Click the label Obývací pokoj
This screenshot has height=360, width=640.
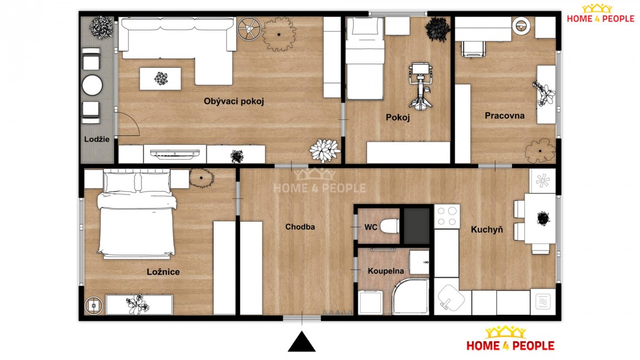(x=234, y=101)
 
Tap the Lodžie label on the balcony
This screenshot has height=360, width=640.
(x=97, y=139)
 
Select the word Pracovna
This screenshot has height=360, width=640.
(x=505, y=116)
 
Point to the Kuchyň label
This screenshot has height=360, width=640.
(x=487, y=229)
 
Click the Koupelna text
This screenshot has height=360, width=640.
(x=386, y=271)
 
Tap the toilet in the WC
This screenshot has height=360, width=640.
(x=389, y=226)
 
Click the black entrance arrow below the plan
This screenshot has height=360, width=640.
(x=302, y=341)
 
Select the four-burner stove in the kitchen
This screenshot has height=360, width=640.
(x=447, y=217)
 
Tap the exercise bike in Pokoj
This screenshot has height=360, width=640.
(x=420, y=86)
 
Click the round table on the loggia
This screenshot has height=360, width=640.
(x=92, y=85)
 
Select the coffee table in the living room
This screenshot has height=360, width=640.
(x=161, y=78)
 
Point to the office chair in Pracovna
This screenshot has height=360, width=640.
(x=473, y=49)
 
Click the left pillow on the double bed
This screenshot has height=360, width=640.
(x=120, y=182)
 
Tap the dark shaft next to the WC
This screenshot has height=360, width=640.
(x=417, y=226)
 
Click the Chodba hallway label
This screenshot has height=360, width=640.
(x=300, y=227)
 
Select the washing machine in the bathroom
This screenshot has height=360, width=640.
(x=370, y=302)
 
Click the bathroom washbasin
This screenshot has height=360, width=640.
(x=419, y=262)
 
